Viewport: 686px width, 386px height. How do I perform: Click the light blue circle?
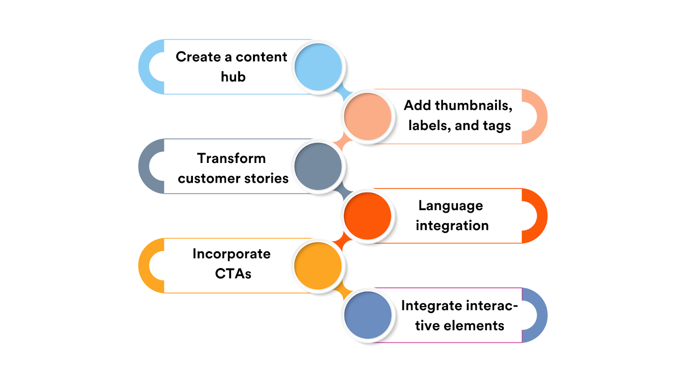click(x=318, y=67)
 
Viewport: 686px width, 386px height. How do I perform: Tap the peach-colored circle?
click(x=367, y=116)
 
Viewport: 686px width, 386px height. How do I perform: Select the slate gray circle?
click(x=318, y=166)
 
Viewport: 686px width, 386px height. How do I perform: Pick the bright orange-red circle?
click(x=367, y=216)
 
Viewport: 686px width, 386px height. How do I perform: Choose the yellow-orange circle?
click(x=318, y=265)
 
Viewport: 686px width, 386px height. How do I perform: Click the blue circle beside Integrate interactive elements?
click(x=367, y=315)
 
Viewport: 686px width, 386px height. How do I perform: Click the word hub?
click(x=233, y=77)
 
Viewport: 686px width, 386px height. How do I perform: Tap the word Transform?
click(x=231, y=158)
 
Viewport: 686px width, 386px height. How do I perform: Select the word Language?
click(x=451, y=206)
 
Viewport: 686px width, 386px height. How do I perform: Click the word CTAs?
click(x=233, y=274)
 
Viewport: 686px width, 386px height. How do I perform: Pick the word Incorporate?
click(x=231, y=254)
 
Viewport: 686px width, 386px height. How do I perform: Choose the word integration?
click(x=452, y=226)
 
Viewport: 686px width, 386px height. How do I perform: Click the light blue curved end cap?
click(x=146, y=67)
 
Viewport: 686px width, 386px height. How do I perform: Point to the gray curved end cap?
click(x=146, y=166)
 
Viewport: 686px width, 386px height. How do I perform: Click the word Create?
click(x=198, y=57)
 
